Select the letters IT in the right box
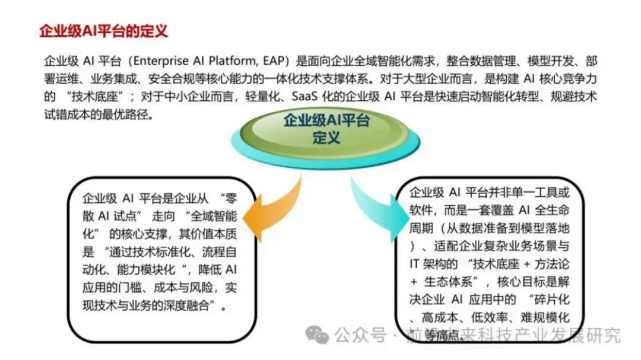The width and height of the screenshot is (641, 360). pyautogui.click(x=415, y=263)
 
